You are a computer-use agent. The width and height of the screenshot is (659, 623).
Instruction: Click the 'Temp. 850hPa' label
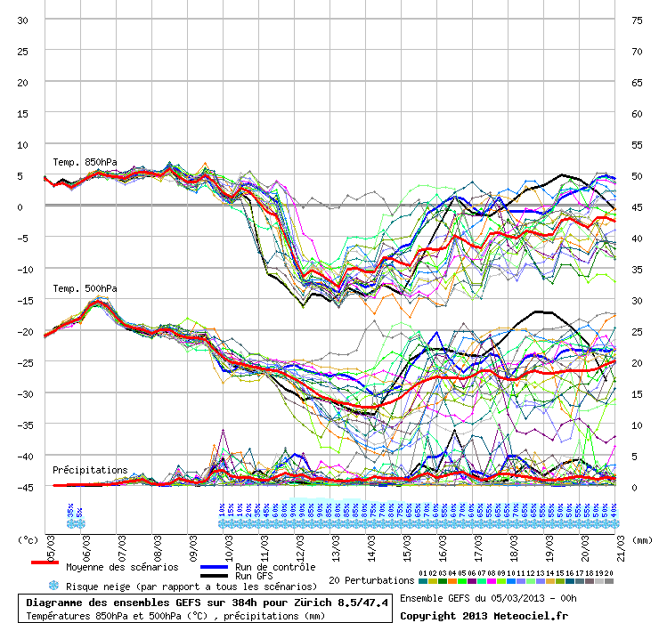(85, 162)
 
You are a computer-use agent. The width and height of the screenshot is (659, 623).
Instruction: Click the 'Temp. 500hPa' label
(85, 288)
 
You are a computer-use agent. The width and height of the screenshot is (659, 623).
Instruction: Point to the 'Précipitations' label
(90, 470)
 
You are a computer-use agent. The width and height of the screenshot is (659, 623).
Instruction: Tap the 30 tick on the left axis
(24, 20)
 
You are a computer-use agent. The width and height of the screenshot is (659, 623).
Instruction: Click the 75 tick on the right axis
(636, 20)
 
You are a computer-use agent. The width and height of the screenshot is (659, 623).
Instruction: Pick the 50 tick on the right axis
(636, 175)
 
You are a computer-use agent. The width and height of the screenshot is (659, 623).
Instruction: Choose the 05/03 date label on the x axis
(52, 544)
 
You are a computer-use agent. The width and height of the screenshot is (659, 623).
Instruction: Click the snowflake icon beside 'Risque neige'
(53, 586)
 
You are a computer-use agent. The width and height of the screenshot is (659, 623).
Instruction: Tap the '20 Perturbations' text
(371, 581)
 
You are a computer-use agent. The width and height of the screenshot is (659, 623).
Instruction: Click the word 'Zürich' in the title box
(308, 603)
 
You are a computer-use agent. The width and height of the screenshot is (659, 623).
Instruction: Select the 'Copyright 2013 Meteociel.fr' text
(484, 615)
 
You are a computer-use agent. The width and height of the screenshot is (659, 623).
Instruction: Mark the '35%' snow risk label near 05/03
(69, 511)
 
